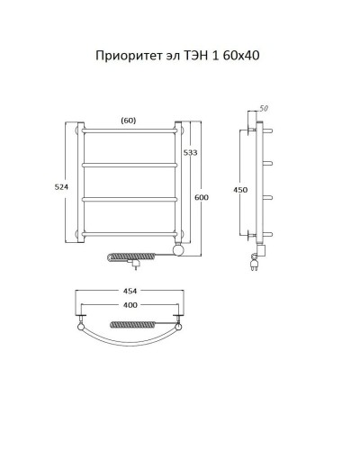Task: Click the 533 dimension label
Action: point(191,154)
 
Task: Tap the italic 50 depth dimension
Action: point(263,109)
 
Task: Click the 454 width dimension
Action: point(130,291)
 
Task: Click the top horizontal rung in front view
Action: point(129,131)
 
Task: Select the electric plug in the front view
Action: point(135,265)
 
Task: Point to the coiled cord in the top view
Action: point(135,322)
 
